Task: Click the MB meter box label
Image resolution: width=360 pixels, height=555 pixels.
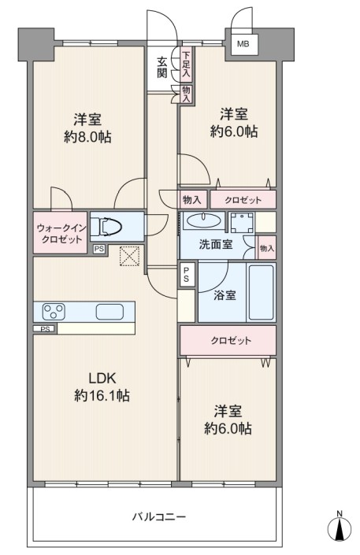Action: click(243, 44)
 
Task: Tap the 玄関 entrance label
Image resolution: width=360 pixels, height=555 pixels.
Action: click(162, 68)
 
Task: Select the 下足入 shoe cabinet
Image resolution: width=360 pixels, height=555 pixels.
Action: click(187, 64)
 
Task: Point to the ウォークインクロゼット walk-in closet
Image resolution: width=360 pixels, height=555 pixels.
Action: click(60, 232)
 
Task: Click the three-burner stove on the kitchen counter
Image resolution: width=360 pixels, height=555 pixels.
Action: click(54, 312)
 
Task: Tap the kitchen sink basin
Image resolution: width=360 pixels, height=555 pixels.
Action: click(109, 312)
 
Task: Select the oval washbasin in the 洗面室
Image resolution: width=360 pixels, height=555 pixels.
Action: click(203, 221)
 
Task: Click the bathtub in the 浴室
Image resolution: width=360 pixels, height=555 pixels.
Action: click(262, 292)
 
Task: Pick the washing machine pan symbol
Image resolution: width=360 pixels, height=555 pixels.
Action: click(242, 223)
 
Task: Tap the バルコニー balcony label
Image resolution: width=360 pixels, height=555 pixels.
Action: click(159, 516)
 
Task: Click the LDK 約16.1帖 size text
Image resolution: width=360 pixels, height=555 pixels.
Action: click(102, 387)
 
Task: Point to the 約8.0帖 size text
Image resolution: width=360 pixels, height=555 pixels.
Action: click(87, 136)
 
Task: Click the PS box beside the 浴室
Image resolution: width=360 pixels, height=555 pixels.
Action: click(186, 274)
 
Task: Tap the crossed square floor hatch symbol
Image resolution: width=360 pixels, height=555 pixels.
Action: click(129, 256)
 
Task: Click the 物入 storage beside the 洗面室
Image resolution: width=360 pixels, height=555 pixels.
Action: click(267, 248)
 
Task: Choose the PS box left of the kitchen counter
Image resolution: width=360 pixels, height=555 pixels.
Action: click(45, 329)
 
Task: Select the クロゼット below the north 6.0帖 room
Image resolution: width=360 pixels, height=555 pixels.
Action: click(243, 200)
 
